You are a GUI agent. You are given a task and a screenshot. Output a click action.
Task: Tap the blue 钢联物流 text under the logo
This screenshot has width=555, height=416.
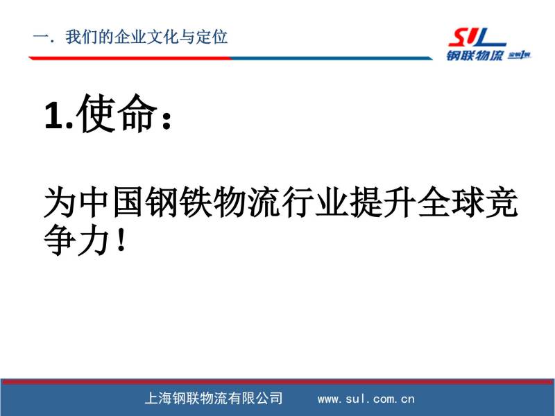coord(475,55)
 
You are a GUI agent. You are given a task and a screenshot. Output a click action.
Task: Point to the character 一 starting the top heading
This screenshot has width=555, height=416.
coord(40,37)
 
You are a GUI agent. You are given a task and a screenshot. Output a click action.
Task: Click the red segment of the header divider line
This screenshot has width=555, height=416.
coord(130,58)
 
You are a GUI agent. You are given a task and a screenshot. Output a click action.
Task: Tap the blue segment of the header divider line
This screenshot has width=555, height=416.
coord(332,58)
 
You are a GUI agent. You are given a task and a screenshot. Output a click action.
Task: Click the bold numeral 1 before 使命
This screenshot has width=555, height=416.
coord(54,114)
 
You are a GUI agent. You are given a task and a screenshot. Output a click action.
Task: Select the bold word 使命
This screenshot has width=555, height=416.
coord(116,113)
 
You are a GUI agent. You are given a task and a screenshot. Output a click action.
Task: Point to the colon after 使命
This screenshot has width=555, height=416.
coord(166,117)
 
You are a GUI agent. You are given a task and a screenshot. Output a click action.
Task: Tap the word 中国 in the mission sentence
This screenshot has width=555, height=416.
coord(110,202)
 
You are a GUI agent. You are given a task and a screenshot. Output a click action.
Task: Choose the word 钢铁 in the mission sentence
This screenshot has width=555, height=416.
coord(178,202)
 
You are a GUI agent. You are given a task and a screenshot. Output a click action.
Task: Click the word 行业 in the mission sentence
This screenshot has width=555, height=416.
coord(314,202)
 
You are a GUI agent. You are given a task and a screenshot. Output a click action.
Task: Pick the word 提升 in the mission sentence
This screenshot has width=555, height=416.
coord(382,202)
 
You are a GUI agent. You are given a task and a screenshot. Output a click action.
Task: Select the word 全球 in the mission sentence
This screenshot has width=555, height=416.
coord(450,202)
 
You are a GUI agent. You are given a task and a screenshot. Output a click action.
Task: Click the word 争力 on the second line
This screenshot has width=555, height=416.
coord(76,240)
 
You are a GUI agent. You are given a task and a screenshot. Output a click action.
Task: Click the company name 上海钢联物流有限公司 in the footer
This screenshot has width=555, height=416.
coord(214,399)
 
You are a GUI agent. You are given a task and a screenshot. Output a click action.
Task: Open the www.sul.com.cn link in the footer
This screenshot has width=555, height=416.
coord(366,399)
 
